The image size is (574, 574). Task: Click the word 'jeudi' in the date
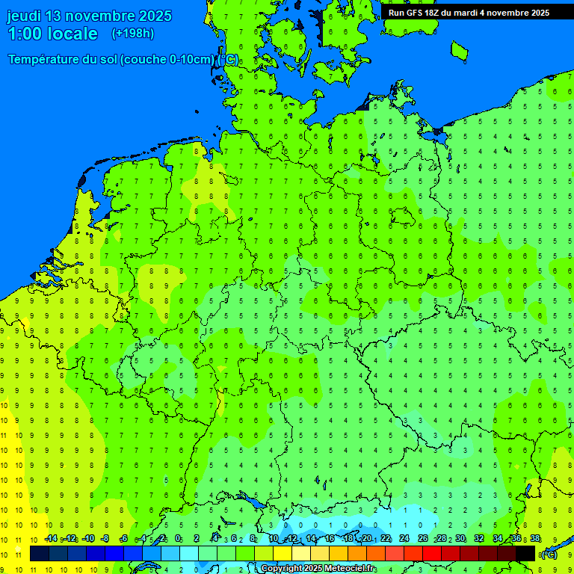[25, 16]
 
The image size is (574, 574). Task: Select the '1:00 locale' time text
[52, 34]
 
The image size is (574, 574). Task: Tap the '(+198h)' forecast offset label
[132, 33]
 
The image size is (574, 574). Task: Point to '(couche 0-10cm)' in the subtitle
[171, 60]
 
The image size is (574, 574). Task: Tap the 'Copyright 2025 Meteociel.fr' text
[318, 569]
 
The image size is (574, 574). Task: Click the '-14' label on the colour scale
[51, 539]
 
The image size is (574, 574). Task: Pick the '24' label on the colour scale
[404, 539]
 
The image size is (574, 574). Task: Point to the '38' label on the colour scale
[535, 539]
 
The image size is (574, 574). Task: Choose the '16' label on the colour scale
[330, 539]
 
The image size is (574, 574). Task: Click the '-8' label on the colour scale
[105, 539]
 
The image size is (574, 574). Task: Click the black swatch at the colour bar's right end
[525, 553]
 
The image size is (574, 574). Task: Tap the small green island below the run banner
[459, 50]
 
